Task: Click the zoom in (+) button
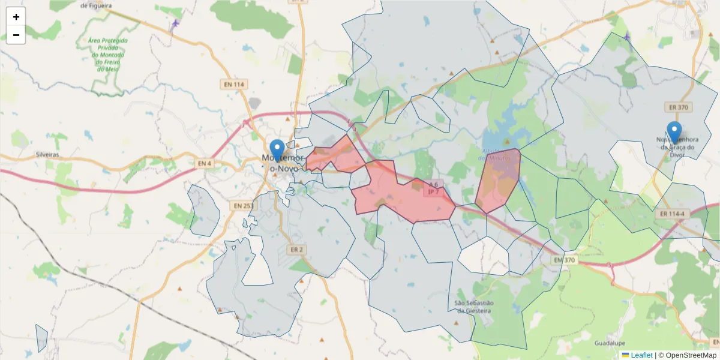[16, 17]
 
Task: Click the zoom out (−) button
[16, 35]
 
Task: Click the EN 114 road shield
[234, 85]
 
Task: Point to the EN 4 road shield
[205, 163]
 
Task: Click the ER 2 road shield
[296, 249]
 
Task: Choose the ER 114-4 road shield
[672, 214]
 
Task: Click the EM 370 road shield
[565, 260]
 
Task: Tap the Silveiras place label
[47, 154]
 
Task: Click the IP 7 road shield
[432, 193]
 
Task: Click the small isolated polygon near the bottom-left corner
[41, 338]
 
